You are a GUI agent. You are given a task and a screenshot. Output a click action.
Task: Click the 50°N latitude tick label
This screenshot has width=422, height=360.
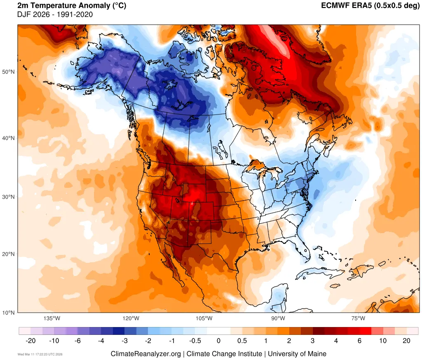click(x=9, y=72)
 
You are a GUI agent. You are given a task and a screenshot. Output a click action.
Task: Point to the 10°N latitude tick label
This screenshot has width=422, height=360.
click(x=9, y=313)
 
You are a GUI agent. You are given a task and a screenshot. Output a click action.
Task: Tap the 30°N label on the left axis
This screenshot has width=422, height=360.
click(x=9, y=197)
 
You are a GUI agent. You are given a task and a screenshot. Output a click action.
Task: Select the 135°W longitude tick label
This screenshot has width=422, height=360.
click(x=52, y=318)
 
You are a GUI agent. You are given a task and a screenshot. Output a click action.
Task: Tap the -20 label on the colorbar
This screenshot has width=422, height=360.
click(x=30, y=341)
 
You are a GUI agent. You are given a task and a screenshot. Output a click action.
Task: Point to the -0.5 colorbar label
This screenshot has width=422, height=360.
click(x=195, y=341)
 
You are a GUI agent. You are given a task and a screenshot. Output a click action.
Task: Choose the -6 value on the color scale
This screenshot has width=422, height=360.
click(x=77, y=341)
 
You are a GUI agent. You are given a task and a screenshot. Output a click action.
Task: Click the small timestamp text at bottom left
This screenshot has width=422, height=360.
click(x=40, y=354)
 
